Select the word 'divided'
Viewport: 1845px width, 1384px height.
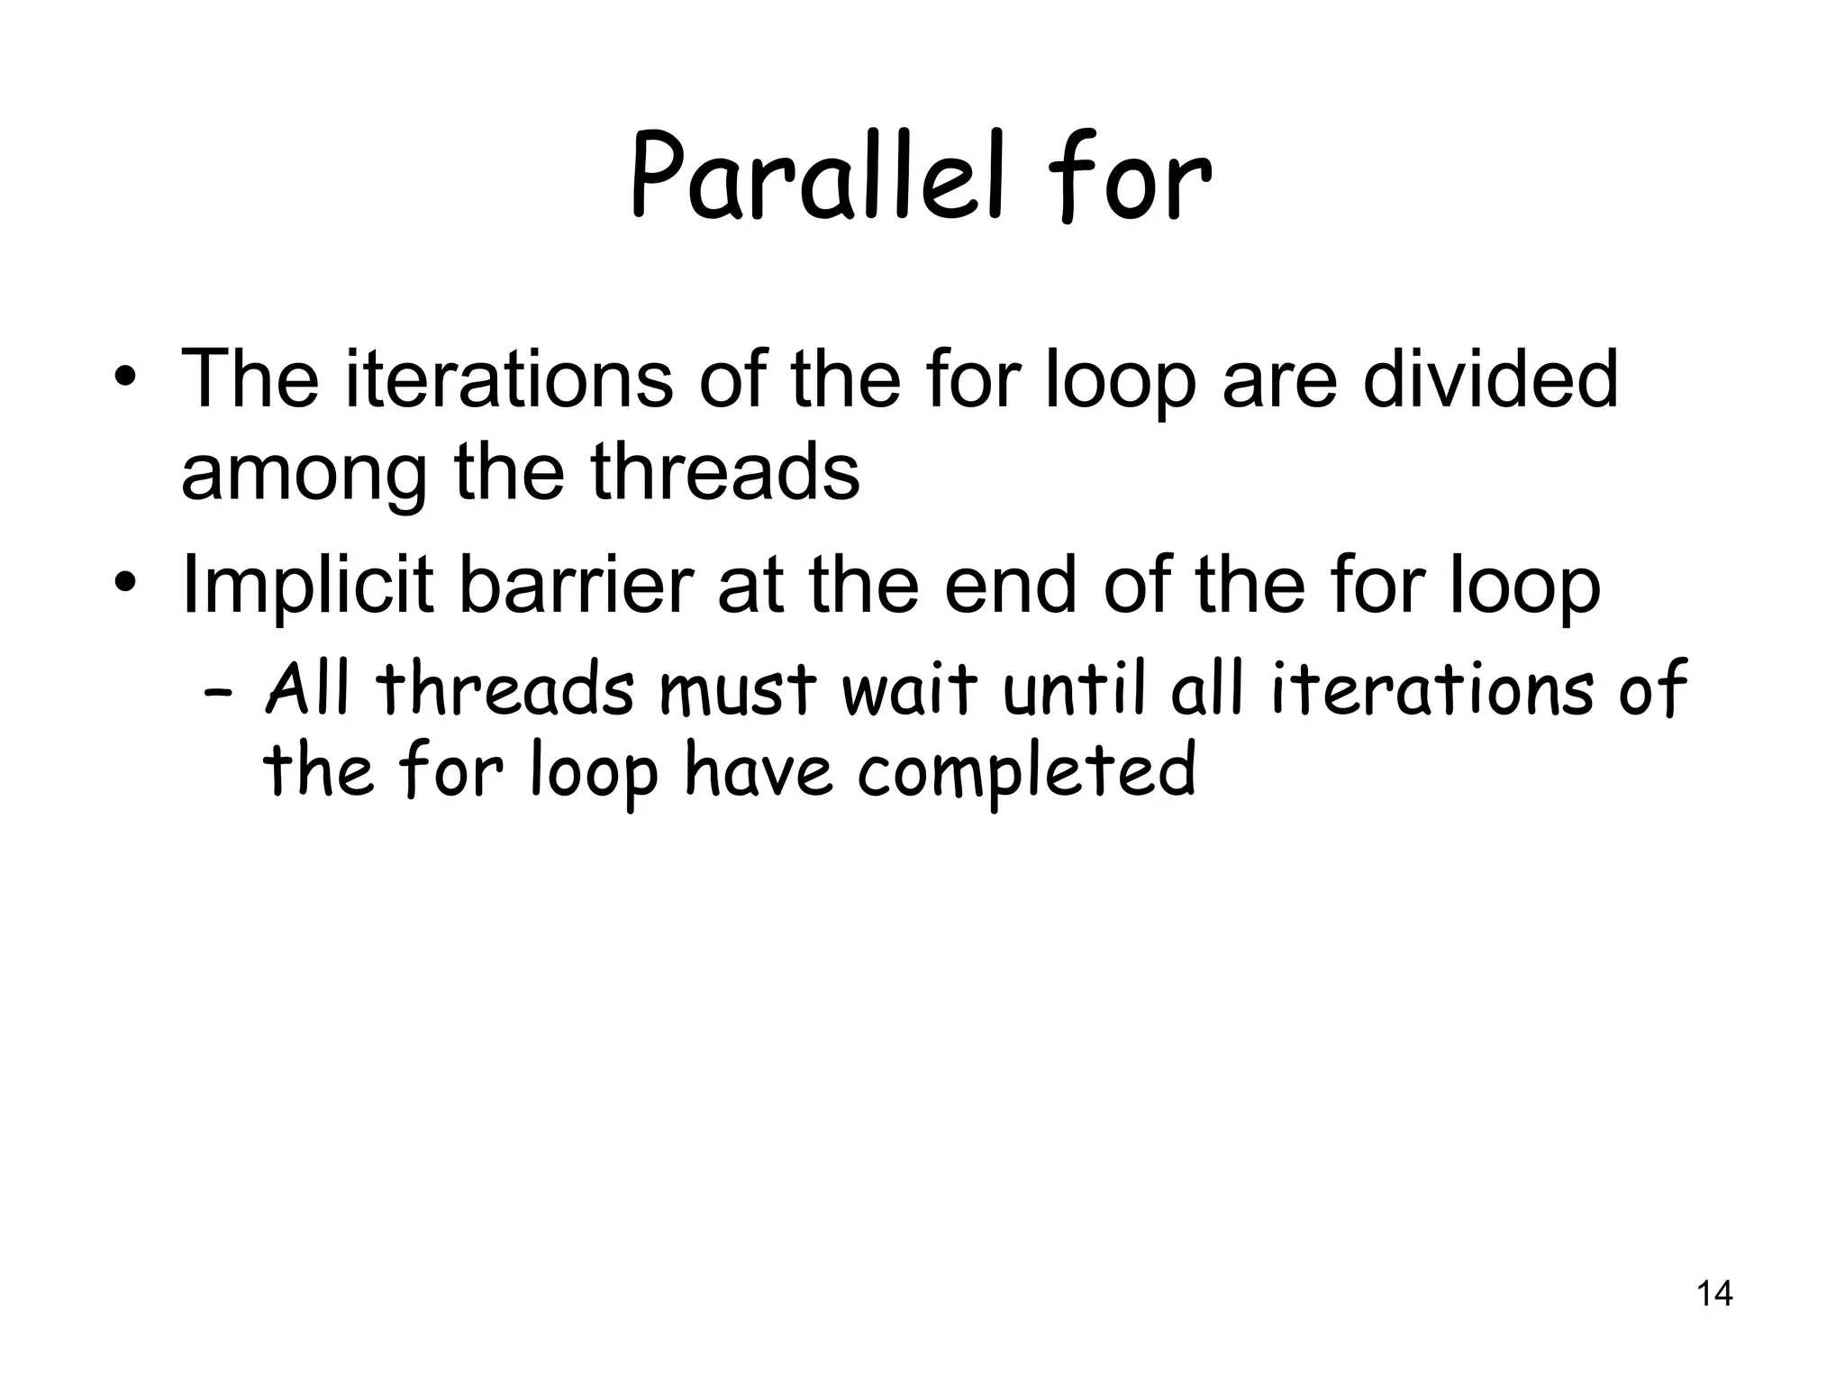(x=1490, y=378)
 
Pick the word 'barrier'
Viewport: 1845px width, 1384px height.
(x=577, y=587)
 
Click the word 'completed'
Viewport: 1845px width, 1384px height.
(x=1026, y=773)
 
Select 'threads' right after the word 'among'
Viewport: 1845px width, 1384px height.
(x=724, y=474)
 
